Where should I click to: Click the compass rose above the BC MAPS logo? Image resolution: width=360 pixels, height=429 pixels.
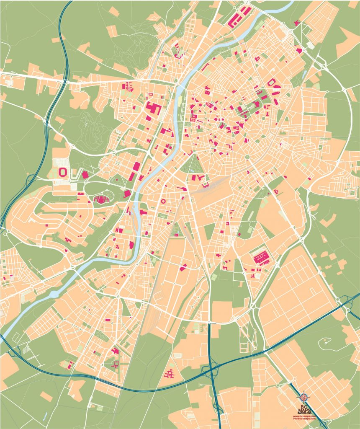[304, 397]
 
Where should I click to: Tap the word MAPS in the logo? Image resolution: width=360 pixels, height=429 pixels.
[304, 408]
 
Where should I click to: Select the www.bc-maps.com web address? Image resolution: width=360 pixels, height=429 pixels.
[304, 416]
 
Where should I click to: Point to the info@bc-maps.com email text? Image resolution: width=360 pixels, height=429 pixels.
[304, 419]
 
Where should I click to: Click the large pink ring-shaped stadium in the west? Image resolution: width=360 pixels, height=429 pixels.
[63, 172]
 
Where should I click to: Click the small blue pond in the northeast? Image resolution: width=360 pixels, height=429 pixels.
[310, 44]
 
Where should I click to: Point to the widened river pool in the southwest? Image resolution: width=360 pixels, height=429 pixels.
[54, 294]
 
